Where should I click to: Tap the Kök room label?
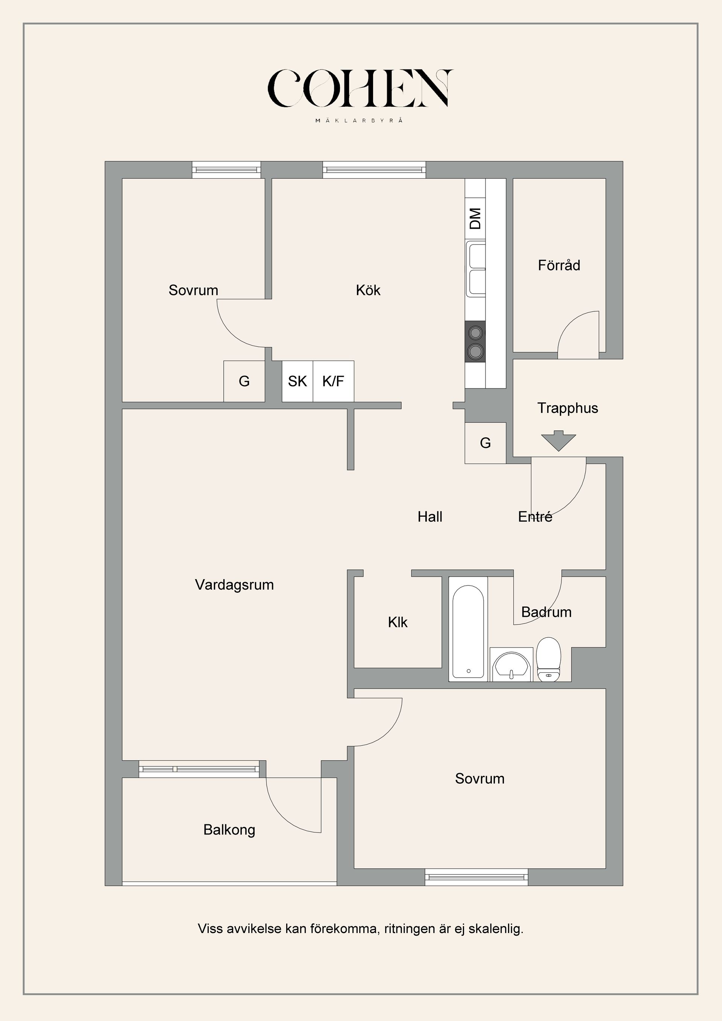coord(368,290)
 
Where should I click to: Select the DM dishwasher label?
coord(475,218)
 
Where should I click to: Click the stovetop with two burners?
coord(475,341)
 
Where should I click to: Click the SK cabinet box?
coord(297,381)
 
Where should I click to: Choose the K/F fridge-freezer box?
coord(334,381)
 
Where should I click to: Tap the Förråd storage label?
coord(559,265)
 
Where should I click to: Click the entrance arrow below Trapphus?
coord(558,440)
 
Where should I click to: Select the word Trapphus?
coord(567,408)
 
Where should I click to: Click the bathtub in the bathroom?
coord(468,628)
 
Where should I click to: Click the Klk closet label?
coord(397,622)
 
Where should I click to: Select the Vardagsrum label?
coord(234,584)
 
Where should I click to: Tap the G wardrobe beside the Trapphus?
coord(485,443)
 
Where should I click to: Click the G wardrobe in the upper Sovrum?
coord(244,381)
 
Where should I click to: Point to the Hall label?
coord(430,517)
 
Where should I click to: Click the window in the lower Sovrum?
coord(476,877)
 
